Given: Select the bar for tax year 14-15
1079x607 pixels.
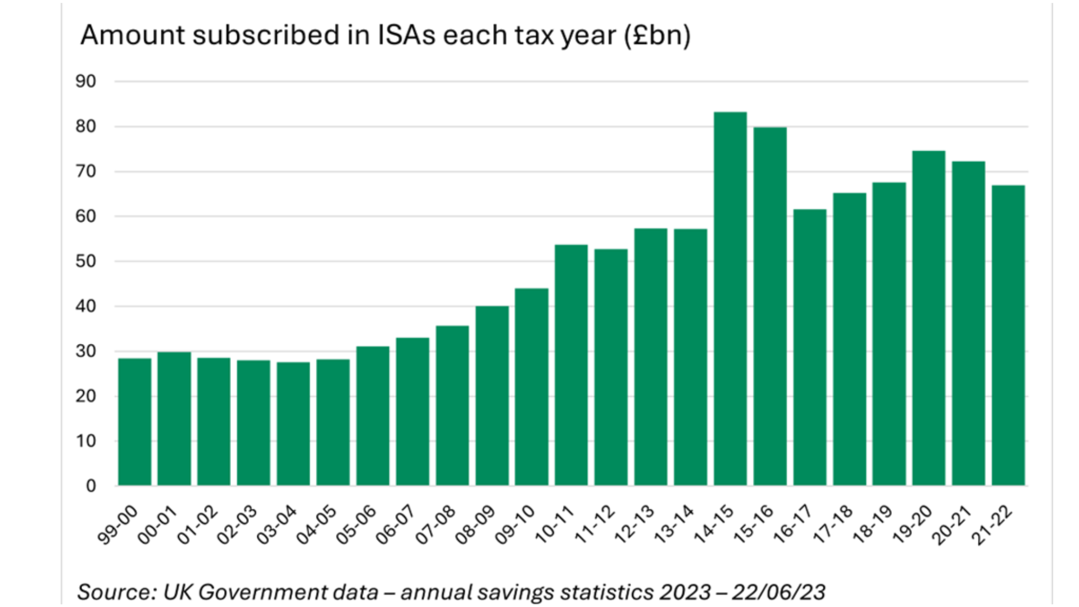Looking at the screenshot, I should tap(730, 298).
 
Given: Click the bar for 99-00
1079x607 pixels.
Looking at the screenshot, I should tap(134, 422).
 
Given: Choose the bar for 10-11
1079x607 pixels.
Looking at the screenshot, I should tap(571, 365).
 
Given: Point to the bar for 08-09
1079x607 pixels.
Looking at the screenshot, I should tap(492, 396).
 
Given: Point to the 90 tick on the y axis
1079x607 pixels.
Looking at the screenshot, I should tap(86, 81).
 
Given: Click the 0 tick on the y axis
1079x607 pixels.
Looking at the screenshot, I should tap(91, 486).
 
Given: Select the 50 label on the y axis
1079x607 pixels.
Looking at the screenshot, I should tap(86, 261).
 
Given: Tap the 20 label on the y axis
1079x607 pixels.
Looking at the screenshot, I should tap(86, 396).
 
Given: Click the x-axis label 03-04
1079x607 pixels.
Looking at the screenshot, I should tap(276, 525).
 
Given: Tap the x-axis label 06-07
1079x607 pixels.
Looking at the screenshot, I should tap(396, 525).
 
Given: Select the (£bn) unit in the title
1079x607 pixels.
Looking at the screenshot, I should tap(657, 35).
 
